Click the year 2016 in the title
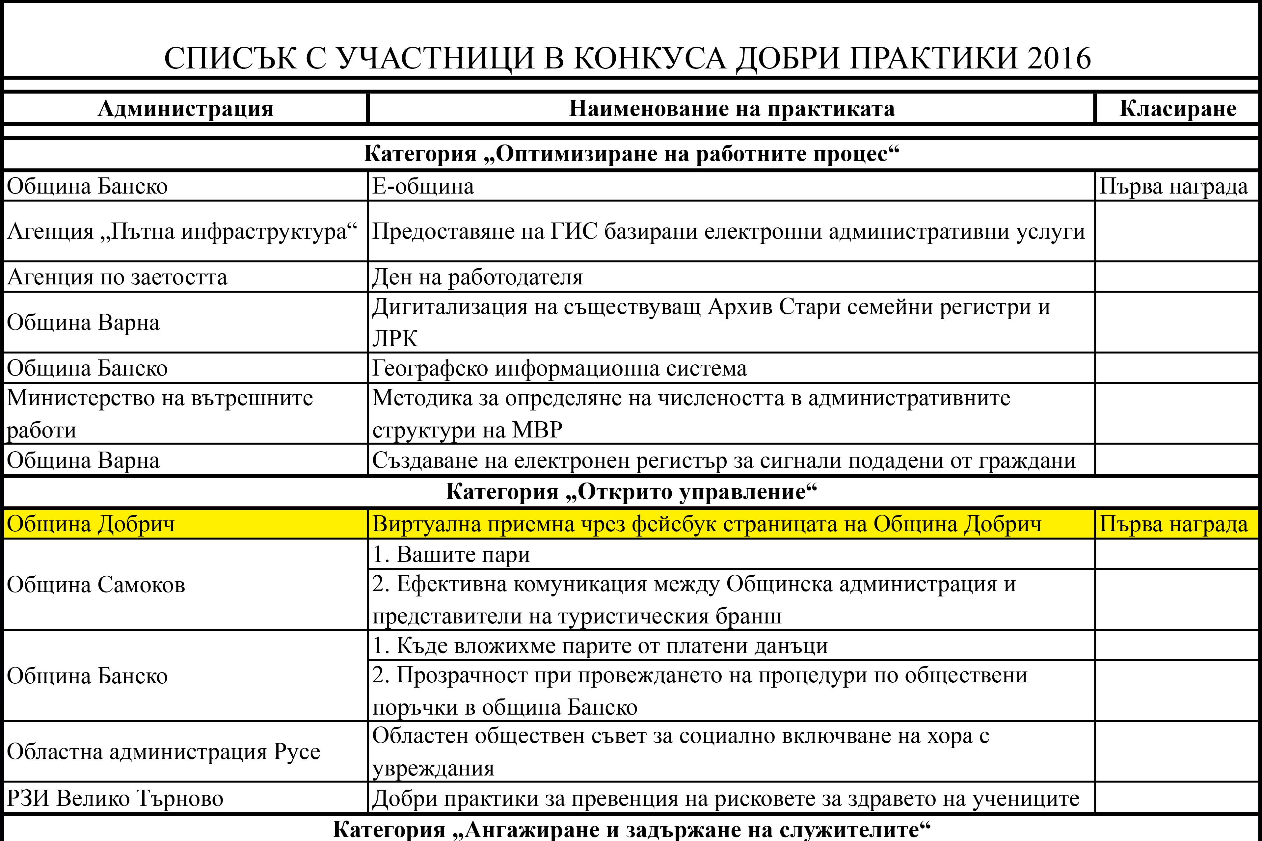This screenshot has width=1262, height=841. [x=1059, y=58]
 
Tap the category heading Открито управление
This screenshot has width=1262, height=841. [x=631, y=492]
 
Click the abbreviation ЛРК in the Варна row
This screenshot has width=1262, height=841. [x=395, y=338]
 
